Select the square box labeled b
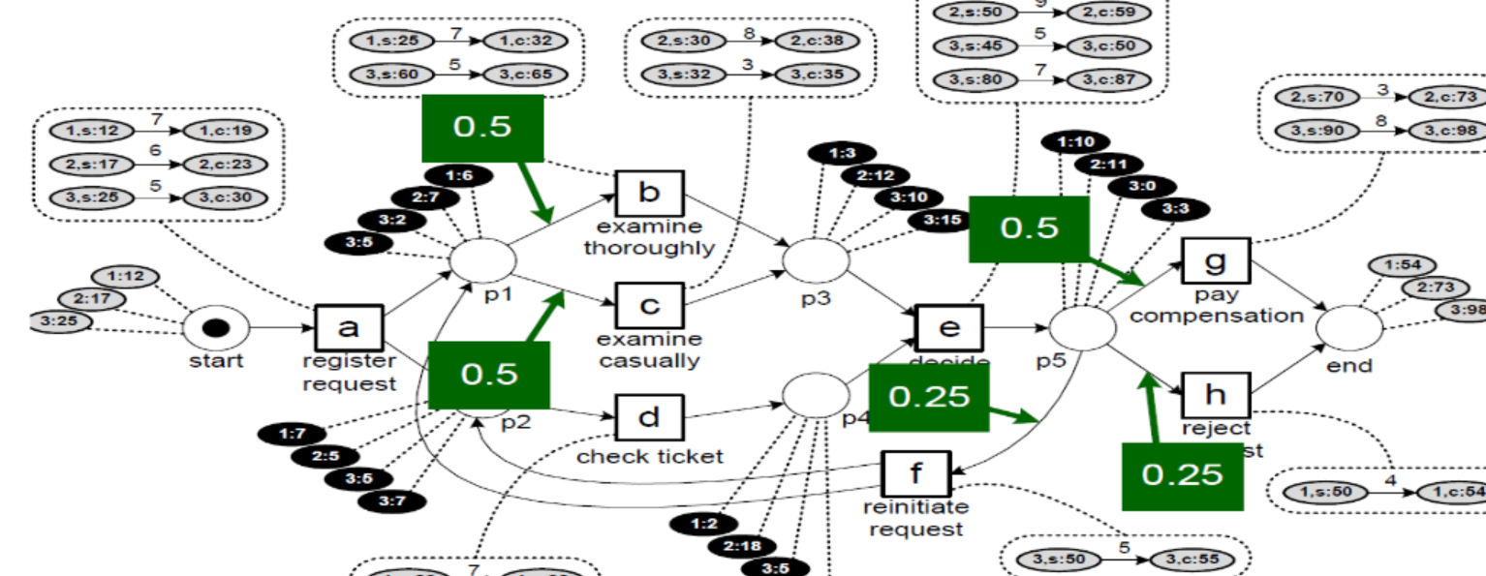(649, 194)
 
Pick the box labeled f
(916, 474)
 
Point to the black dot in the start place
(215, 328)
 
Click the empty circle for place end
(1349, 329)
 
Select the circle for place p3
(816, 259)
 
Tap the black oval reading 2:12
(876, 176)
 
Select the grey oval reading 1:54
(1402, 265)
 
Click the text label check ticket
(649, 456)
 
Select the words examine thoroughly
(649, 236)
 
